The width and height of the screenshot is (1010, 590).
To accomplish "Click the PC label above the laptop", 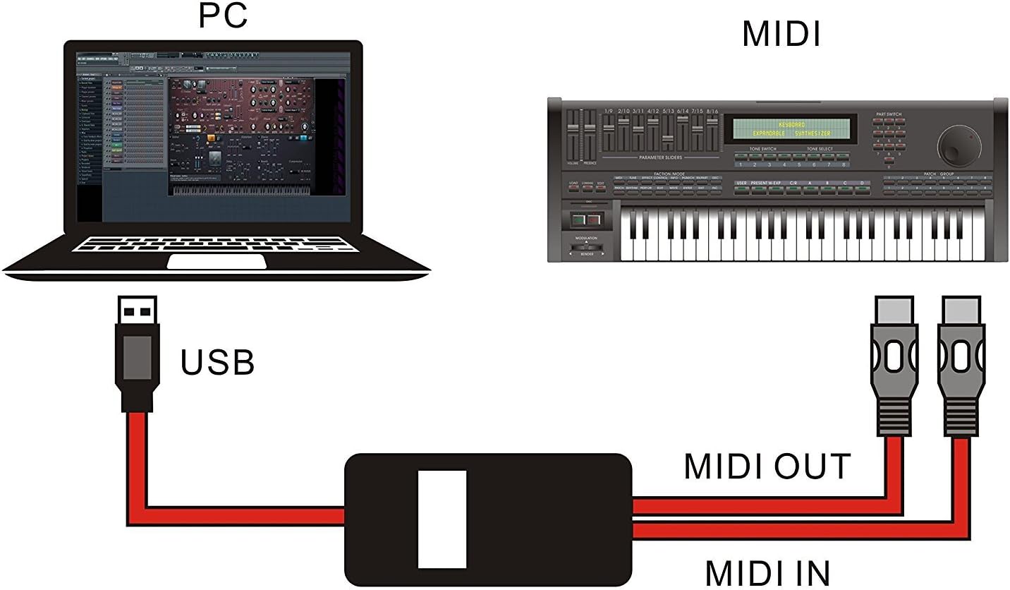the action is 223,16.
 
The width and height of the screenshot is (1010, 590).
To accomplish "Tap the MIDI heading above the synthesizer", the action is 781,33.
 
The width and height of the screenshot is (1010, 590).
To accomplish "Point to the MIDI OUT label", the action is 767,466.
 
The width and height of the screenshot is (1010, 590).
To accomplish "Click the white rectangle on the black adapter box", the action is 442,519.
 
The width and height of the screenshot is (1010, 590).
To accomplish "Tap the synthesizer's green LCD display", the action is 794,128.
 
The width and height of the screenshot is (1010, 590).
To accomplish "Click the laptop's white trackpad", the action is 217,261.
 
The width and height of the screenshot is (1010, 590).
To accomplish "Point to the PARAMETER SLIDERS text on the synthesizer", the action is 660,157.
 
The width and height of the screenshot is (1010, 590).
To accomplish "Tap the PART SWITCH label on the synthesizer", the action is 889,114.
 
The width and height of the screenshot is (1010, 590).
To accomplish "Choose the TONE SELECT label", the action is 820,149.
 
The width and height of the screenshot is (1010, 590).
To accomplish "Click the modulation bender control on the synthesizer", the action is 586,248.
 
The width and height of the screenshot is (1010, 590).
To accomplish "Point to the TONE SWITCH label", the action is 762,149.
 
